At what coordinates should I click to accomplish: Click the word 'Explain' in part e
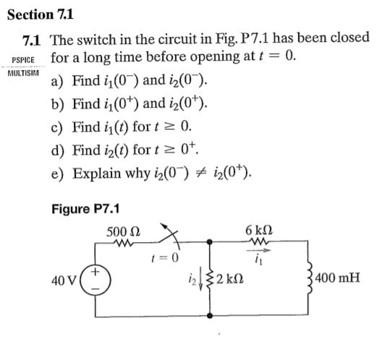[x=98, y=174]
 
